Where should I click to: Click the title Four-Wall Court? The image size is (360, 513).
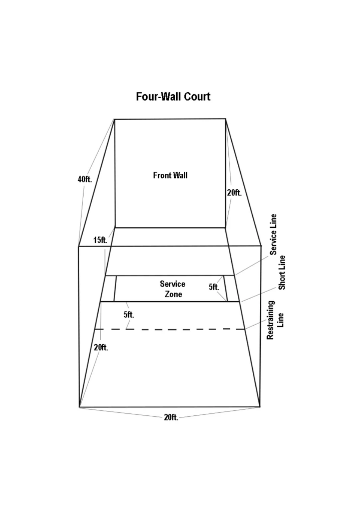coord(173,97)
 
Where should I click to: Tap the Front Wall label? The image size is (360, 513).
coord(170,175)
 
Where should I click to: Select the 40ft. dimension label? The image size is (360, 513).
coord(85,179)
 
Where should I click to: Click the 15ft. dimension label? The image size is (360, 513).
coord(100,240)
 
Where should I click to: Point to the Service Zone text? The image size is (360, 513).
coord(173,289)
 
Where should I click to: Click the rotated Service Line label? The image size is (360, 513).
coord(273,234)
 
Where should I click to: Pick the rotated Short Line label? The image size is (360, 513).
coord(282,273)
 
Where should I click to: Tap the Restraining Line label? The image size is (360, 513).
coord(275,320)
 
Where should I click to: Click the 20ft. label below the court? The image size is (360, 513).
coord(171,417)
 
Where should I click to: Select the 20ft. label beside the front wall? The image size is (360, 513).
coord(234,193)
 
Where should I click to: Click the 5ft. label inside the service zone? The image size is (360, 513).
coord(214,287)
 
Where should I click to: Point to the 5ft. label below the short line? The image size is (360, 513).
coord(129,315)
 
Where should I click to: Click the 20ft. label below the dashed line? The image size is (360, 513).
coord(101,348)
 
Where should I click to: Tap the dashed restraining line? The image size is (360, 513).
coord(170,329)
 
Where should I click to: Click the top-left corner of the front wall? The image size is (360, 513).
coord(115,119)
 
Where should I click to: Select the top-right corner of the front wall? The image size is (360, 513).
coord(226,119)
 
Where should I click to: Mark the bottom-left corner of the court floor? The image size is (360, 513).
coord(80,407)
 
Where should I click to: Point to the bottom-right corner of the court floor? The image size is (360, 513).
coord(260,407)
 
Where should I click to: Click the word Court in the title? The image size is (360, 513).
coord(197,97)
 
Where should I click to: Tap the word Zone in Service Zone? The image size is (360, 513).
coord(173,294)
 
